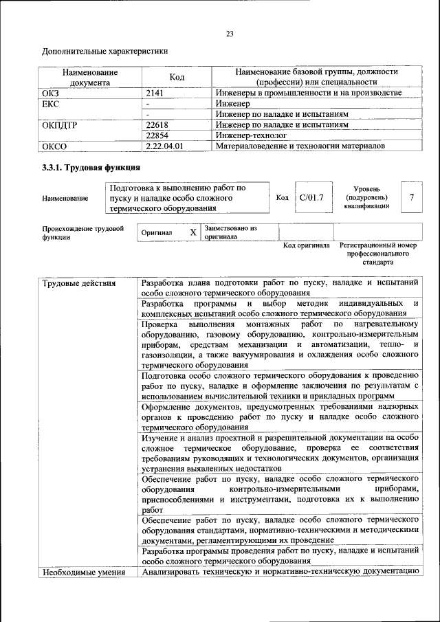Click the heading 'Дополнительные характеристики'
[x=104, y=52]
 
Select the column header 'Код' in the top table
[x=177, y=78]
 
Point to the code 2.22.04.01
[x=164, y=146]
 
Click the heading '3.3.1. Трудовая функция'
[x=91, y=167]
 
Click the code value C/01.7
[x=311, y=198]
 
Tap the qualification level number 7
[x=411, y=198]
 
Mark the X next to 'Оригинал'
[x=193, y=232]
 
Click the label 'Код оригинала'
[x=307, y=245]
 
